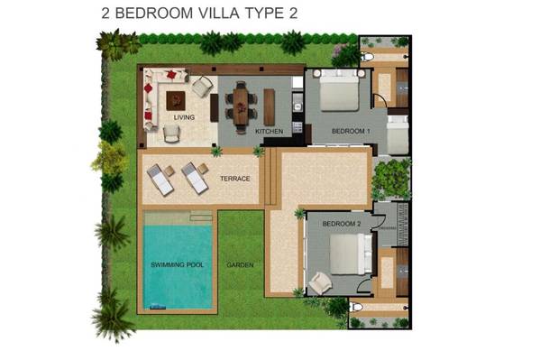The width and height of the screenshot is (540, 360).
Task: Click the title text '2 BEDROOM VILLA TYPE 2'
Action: pyautogui.click(x=199, y=14)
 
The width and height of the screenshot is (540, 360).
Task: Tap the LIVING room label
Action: pyautogui.click(x=184, y=117)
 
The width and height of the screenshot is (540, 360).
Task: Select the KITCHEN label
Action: pyautogui.click(x=269, y=131)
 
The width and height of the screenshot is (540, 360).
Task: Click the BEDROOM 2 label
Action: pyautogui.click(x=342, y=224)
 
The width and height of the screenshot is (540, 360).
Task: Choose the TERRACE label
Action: pyautogui.click(x=235, y=179)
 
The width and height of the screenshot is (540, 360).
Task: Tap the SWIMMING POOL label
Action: pyautogui.click(x=177, y=265)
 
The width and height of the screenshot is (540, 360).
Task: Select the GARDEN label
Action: pyautogui.click(x=240, y=265)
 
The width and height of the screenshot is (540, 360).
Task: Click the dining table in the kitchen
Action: pyautogui.click(x=241, y=106)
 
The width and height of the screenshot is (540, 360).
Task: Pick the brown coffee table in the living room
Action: pyautogui.click(x=176, y=101)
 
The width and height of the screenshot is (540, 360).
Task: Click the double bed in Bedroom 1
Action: pyautogui.click(x=339, y=90)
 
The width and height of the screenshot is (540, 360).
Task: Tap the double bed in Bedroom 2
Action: pyautogui.click(x=351, y=254)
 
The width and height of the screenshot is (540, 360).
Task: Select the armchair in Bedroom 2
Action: pyautogui.click(x=320, y=282)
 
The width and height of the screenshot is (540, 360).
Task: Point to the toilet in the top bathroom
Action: pyautogui.click(x=366, y=56)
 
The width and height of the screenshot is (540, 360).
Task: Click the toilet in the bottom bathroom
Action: pyautogui.click(x=355, y=307)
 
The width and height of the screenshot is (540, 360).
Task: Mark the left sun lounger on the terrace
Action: pyautogui.click(x=160, y=180)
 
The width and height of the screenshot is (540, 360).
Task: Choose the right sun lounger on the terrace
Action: pyautogui.click(x=195, y=178)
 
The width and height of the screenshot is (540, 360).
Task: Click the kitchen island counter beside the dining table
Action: pyautogui.click(x=270, y=106)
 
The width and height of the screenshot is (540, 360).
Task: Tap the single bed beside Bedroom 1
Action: pyautogui.click(x=398, y=134)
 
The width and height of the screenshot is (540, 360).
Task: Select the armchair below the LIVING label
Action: pyautogui.click(x=171, y=134)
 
